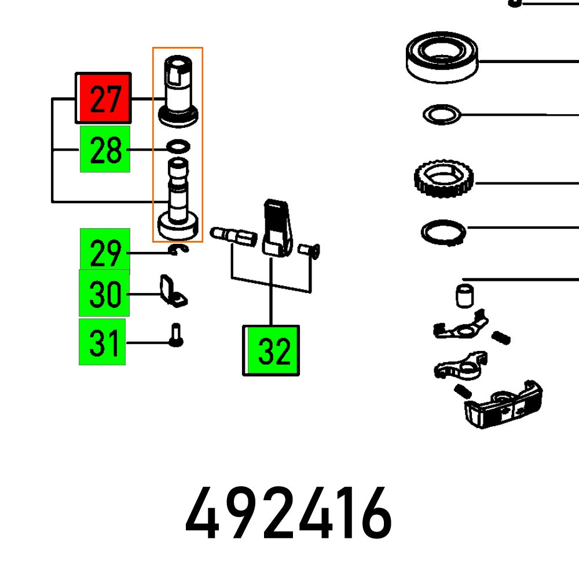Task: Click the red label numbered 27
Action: click(104, 98)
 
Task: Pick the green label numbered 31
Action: click(102, 342)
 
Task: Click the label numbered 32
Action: click(271, 350)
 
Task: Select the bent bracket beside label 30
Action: click(172, 291)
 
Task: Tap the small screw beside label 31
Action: click(176, 336)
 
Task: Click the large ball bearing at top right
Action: click(442, 57)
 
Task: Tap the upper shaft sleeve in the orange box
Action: click(178, 90)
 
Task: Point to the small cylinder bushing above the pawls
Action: click(463, 295)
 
